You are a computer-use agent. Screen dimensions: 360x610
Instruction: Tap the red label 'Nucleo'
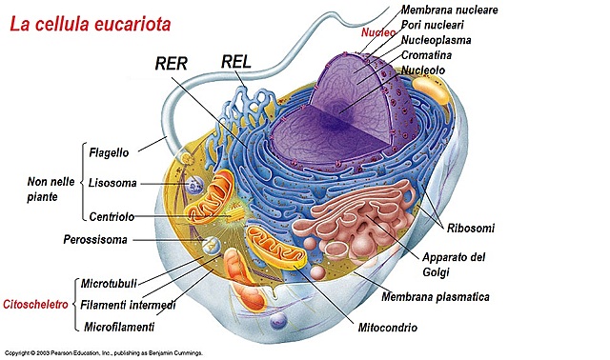(377, 32)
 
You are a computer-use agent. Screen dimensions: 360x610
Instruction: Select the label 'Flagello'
(110, 152)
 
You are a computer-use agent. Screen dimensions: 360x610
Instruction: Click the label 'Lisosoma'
(112, 183)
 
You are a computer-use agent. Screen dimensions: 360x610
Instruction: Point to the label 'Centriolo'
(112, 216)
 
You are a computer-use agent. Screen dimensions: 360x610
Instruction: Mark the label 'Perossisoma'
(95, 239)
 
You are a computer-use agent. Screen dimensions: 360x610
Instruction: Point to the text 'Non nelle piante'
(38, 190)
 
